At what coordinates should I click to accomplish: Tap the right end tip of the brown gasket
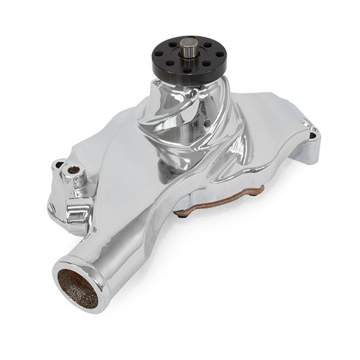[263, 189]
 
